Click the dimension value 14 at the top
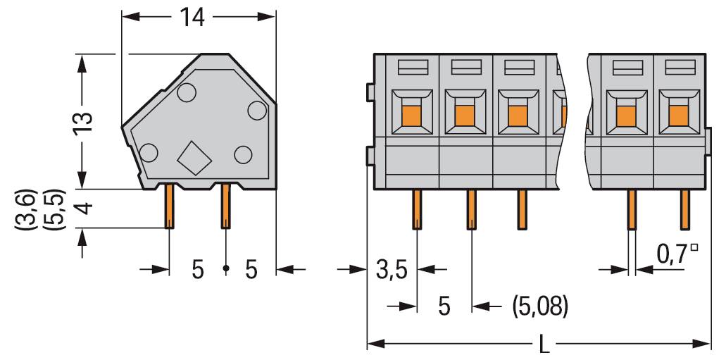click(x=192, y=18)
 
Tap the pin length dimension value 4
click(x=84, y=209)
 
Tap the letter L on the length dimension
click(x=544, y=345)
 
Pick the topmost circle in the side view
click(x=187, y=92)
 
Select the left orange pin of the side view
click(x=170, y=206)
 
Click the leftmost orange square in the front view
click(x=410, y=113)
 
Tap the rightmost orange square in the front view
click(x=678, y=113)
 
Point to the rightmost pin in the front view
click(x=683, y=210)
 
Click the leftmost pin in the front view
click(x=417, y=210)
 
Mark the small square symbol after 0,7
click(x=695, y=248)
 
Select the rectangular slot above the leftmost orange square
click(x=411, y=68)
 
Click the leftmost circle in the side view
click(x=149, y=151)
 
